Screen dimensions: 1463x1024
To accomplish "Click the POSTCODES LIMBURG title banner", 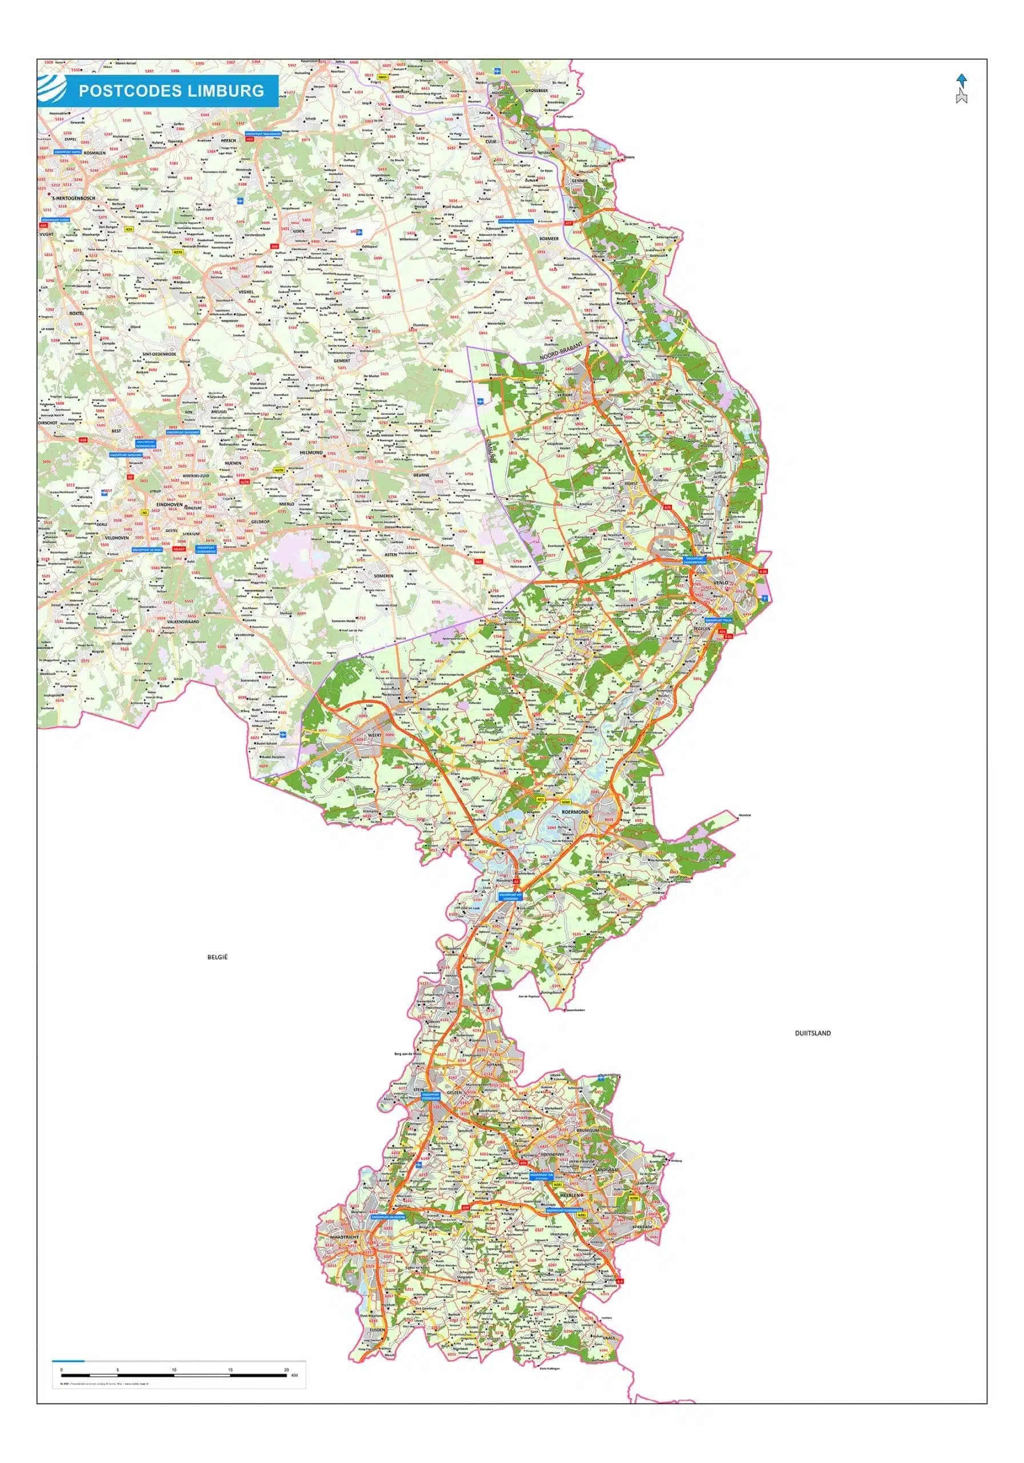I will [x=171, y=90].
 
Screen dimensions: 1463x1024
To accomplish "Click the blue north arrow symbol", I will [x=962, y=81].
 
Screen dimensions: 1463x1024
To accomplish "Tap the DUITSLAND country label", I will [x=813, y=1033].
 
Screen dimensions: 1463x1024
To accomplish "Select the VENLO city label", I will [x=721, y=582].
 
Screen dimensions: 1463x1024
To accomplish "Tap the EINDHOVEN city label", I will [x=170, y=504].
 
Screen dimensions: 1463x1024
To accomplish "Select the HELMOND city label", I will [x=311, y=453].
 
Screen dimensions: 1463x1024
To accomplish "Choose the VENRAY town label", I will [x=565, y=395].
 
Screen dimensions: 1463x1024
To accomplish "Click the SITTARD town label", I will [x=494, y=1064].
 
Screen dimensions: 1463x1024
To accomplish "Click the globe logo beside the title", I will [x=51, y=90].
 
